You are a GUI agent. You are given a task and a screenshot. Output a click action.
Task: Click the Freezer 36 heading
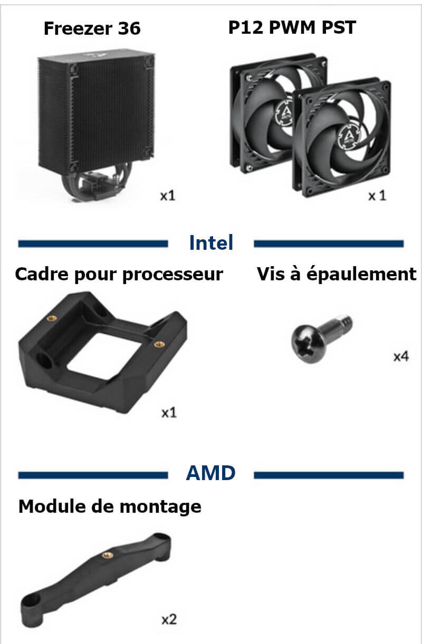(x=92, y=28)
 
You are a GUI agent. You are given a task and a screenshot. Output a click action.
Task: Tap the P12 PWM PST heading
(x=292, y=27)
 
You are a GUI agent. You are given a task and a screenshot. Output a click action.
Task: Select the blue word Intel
(x=211, y=242)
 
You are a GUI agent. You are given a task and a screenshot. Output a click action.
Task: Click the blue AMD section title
(x=210, y=473)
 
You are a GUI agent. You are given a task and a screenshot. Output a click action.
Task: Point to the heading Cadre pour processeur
(x=119, y=275)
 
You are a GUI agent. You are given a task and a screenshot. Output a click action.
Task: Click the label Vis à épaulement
(x=337, y=274)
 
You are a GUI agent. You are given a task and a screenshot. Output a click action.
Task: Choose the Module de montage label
(x=110, y=506)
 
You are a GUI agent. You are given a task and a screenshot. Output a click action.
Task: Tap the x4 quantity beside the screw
(x=401, y=356)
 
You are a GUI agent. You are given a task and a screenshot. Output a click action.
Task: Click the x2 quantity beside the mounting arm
(x=169, y=620)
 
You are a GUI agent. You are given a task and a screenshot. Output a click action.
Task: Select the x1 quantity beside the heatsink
(x=168, y=196)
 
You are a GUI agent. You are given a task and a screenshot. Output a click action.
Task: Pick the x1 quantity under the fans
(x=377, y=196)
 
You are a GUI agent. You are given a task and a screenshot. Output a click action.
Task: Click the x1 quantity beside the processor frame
(x=169, y=413)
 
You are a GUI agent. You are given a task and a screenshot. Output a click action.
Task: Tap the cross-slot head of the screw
(x=307, y=344)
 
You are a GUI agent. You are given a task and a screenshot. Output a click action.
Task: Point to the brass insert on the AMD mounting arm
(x=108, y=555)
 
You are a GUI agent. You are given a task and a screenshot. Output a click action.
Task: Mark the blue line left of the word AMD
(x=93, y=475)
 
